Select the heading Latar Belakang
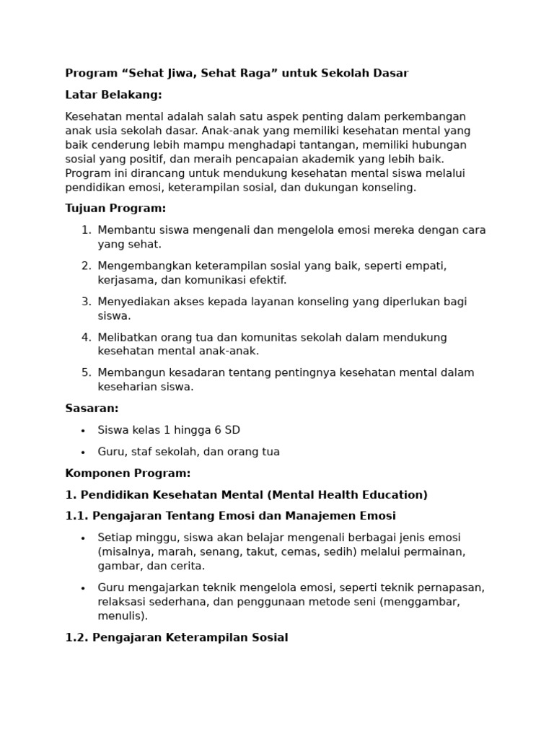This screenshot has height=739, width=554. (x=113, y=95)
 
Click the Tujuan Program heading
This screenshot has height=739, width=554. (x=115, y=209)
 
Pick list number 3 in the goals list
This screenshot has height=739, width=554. (x=86, y=302)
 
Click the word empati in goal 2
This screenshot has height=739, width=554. (x=427, y=266)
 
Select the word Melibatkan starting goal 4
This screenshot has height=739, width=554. (x=127, y=337)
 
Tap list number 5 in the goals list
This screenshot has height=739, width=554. (x=86, y=372)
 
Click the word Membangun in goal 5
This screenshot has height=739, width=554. (x=128, y=372)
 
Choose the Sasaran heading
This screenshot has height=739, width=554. (x=92, y=408)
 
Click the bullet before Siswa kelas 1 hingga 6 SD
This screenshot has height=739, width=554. (x=83, y=431)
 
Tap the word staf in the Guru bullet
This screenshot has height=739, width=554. (x=141, y=452)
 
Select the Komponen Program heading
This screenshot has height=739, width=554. (x=128, y=473)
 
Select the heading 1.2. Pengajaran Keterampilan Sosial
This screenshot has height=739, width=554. (x=177, y=638)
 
